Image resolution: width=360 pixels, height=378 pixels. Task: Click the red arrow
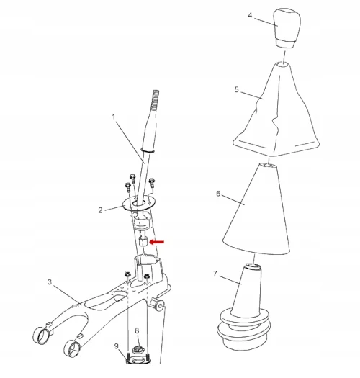[157, 242]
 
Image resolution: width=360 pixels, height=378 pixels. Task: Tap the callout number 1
[114, 117]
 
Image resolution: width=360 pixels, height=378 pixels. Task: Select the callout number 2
[101, 210]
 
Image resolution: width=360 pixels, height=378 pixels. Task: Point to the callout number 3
[50, 282]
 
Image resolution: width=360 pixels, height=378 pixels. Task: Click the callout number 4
[250, 15]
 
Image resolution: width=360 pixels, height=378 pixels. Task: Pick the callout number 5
[237, 89]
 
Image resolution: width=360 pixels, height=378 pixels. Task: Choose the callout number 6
[218, 194]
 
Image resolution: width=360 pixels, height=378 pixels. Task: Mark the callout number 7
[215, 274]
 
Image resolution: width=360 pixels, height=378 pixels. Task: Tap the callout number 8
[137, 330]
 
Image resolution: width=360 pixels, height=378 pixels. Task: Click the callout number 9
[117, 346]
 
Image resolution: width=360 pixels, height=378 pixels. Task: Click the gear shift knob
[287, 28]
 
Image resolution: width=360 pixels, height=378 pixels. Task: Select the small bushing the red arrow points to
[143, 241]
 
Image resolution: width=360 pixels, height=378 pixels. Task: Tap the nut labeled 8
[138, 349]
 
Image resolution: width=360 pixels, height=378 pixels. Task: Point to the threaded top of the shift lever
[155, 100]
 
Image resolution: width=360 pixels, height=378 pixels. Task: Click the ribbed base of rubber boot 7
[243, 328]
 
